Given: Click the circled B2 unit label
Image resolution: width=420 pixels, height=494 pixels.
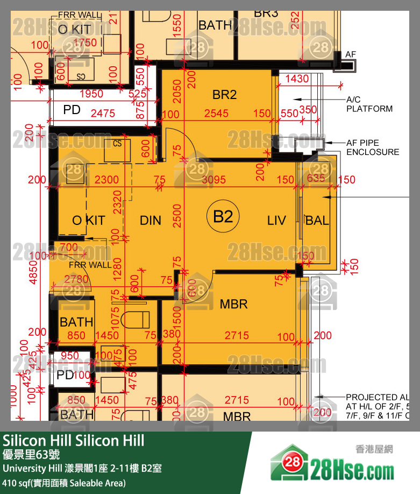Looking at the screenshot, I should tap(223, 217).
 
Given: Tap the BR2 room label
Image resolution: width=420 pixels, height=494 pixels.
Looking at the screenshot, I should tap(224, 95).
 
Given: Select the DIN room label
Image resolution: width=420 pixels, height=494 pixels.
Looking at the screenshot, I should tap(151, 220).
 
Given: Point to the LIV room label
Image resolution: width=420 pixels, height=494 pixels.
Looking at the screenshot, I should tap(276, 220).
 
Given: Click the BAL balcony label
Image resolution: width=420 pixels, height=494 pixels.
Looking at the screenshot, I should tap(317, 220).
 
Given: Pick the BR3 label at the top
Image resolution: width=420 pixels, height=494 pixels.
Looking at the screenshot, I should tap(266, 12).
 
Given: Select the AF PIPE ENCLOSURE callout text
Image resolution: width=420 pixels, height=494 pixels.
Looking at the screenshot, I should tap(372, 147).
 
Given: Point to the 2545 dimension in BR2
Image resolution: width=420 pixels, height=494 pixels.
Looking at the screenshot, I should tap(216, 114).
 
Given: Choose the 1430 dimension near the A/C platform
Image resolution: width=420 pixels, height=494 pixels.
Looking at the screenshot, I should tap(297, 79).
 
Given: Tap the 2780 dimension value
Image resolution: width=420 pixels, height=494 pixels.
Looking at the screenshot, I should tap(76, 279).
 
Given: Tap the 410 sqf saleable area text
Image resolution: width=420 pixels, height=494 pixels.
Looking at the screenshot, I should tap(65, 483).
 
